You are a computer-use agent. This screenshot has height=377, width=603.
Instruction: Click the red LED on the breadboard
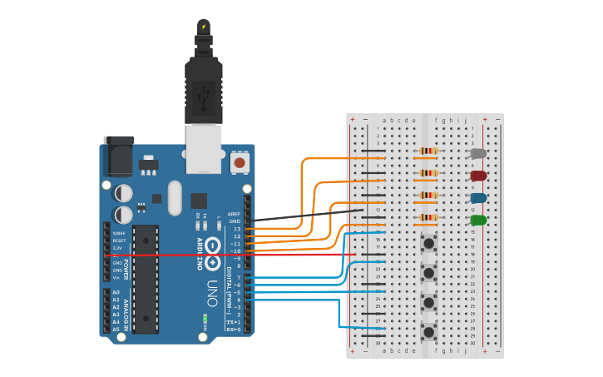pyautogui.click(x=478, y=176)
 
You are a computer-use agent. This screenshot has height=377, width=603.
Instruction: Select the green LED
pyautogui.click(x=478, y=221)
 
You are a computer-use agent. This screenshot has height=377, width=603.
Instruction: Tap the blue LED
pyautogui.click(x=478, y=198)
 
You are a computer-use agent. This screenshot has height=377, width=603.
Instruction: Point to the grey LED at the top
pyautogui.click(x=478, y=153)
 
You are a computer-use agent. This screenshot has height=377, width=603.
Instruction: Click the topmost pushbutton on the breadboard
pyautogui.click(x=429, y=244)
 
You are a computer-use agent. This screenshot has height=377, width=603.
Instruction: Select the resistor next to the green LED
pyautogui.click(x=428, y=219)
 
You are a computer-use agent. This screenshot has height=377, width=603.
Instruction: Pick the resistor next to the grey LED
pyautogui.click(x=428, y=151)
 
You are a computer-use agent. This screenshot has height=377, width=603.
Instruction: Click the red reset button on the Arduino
pyautogui.click(x=240, y=161)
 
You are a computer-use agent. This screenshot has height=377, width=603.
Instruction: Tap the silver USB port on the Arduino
pyautogui.click(x=203, y=147)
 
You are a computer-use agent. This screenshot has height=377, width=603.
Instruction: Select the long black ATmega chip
pyautogui.click(x=146, y=279)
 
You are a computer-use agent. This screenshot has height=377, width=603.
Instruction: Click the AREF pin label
pyautogui.click(x=234, y=214)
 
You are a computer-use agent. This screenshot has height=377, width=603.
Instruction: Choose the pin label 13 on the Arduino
pyautogui.click(x=235, y=229)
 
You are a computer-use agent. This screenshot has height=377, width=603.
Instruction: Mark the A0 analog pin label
pyautogui.click(x=116, y=293)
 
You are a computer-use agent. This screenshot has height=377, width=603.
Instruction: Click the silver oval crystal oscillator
pyautogui.click(x=175, y=198)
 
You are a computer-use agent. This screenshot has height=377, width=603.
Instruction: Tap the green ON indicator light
pyautogui.click(x=205, y=319)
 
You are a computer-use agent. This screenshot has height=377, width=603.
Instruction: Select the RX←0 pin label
pyautogui.click(x=234, y=330)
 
